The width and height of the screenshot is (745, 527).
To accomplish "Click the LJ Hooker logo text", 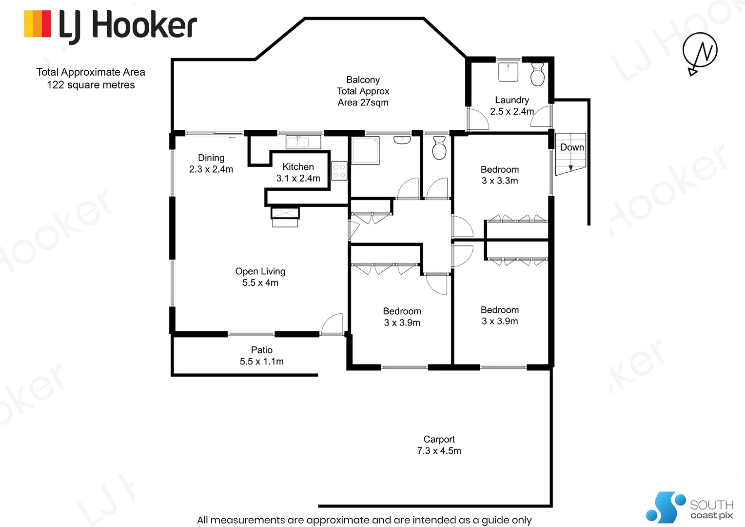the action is click(128, 25).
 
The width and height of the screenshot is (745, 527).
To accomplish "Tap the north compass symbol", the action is click(700, 51).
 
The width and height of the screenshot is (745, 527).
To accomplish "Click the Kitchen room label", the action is click(298, 167).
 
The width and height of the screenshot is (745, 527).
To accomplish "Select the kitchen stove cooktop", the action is click(339, 171).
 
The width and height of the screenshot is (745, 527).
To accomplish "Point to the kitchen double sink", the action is click(303, 142).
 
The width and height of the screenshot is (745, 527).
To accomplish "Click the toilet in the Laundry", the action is click(537, 74).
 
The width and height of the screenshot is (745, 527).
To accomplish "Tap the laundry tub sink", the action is click(509, 72).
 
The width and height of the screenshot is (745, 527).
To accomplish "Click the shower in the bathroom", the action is click(365, 150).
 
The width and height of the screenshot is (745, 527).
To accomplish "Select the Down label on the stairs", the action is click(571, 147).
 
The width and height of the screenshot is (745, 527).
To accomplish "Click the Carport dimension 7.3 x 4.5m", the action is click(439, 451).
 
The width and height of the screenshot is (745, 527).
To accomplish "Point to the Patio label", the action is click(262, 350).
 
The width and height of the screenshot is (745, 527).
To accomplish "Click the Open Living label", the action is click(260, 271).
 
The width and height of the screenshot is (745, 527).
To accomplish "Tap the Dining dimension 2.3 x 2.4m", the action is click(211, 169).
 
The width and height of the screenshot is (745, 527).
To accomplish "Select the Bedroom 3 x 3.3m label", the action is click(500, 175).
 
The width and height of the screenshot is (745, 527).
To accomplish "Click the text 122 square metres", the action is click(91, 85).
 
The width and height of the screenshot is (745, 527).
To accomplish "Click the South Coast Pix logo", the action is click(689, 508).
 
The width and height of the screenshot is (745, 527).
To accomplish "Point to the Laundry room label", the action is click(512, 100).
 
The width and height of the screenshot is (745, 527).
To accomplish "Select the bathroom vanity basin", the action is click(402, 140).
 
